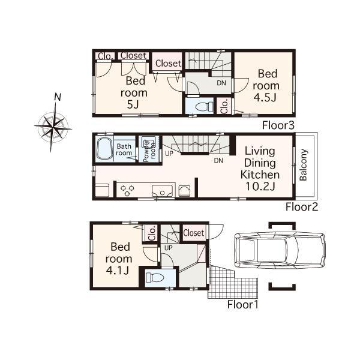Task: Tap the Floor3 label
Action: [x=278, y=125]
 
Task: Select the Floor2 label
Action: [x=301, y=207]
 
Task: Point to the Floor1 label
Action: [x=242, y=304]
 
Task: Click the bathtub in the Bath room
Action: [x=104, y=148]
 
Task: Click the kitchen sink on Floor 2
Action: [x=162, y=191]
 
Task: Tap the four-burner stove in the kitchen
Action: [x=127, y=190]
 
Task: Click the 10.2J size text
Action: [x=260, y=187]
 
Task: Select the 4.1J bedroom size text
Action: [x=118, y=270]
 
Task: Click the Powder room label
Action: [x=148, y=149]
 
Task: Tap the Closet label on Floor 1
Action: [x=193, y=232]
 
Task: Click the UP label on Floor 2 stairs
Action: [x=169, y=153]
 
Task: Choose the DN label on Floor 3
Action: [x=221, y=83]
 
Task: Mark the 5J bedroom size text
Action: [x=132, y=104]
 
